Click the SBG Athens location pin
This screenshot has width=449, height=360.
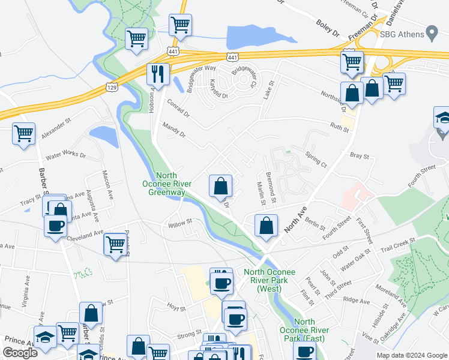tap(431, 33)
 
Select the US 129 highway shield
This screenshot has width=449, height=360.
tap(112, 87)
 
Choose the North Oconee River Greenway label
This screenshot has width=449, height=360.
tap(164, 180)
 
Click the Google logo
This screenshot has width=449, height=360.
tap(20, 353)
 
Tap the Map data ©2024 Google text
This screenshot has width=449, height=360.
tap(411, 355)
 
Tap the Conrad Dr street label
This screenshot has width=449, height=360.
tap(178, 108)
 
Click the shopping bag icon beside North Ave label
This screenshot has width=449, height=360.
tap(266, 225)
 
